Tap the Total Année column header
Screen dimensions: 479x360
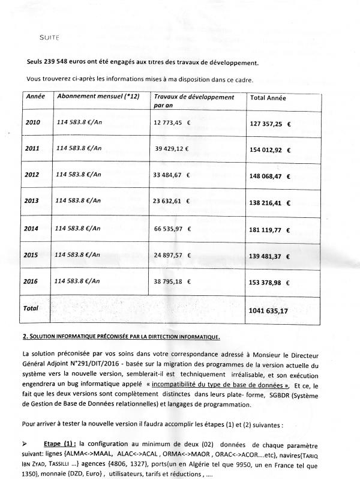click(268, 97)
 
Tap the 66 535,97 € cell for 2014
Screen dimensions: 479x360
click(173, 229)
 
